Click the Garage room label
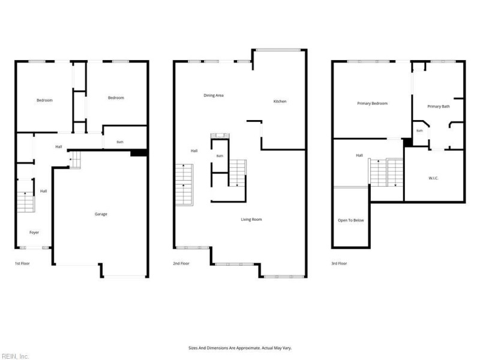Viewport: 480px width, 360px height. [x=101, y=214]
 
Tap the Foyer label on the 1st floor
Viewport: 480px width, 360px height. [x=34, y=232]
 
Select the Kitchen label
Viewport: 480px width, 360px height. [x=280, y=101]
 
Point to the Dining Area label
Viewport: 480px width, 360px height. [x=214, y=95]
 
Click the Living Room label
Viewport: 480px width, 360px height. [x=251, y=220]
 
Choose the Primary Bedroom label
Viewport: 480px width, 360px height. [x=372, y=103]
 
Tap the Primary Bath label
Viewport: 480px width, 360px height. [x=439, y=107]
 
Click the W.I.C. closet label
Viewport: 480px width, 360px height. [x=433, y=178]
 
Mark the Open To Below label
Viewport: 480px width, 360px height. [x=351, y=220]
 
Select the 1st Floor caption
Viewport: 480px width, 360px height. [x=22, y=263]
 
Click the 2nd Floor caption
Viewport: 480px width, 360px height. [x=181, y=263]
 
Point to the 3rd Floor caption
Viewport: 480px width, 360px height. [x=339, y=263]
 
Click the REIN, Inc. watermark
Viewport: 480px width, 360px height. [x=14, y=356]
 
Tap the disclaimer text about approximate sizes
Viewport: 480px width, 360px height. [x=240, y=348]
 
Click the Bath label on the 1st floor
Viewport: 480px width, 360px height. [x=120, y=142]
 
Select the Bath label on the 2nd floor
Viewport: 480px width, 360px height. [x=220, y=156]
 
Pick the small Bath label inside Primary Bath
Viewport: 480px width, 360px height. [x=419, y=131]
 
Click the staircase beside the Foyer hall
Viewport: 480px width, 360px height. [x=25, y=202]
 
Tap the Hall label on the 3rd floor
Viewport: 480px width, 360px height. [x=359, y=155]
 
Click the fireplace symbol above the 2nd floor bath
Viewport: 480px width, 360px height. [x=220, y=136]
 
